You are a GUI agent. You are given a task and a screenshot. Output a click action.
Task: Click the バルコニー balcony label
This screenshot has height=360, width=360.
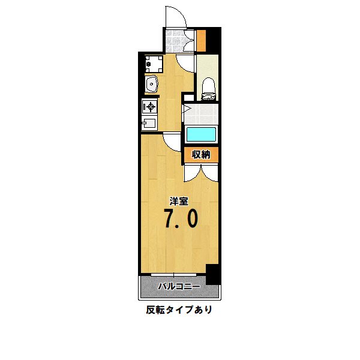pos(179,287)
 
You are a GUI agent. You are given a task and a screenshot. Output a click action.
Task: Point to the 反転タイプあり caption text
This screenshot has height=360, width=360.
pos(179,310)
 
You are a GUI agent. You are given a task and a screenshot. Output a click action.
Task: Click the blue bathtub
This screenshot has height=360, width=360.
pos(201,134)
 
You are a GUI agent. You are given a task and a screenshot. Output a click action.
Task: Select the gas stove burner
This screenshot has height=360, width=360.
pos(149,107)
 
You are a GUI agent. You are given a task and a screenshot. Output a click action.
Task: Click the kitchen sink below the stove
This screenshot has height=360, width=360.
pos(149,124)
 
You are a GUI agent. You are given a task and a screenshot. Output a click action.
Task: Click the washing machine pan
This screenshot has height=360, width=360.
pos(152,62)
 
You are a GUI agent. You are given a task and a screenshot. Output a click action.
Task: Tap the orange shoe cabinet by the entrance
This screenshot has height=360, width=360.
pos(202,40)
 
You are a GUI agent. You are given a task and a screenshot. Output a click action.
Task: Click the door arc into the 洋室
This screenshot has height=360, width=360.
pos(173,142)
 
